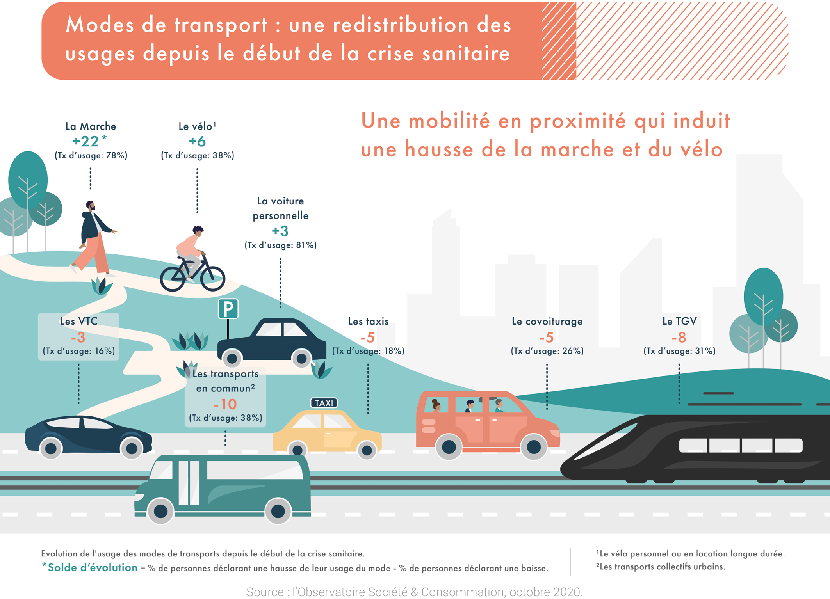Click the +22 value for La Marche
[86, 141]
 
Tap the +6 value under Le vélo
[197, 141]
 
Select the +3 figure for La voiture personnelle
[280, 231]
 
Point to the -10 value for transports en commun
[225, 404]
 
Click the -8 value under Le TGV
[679, 337]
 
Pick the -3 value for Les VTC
[78, 337]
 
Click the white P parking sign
[228, 309]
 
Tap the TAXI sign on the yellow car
[324, 403]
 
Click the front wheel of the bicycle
[213, 278]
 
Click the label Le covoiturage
[547, 322]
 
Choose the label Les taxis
[368, 322]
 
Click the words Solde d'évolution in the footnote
[93, 567]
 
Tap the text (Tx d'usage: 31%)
[679, 351]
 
